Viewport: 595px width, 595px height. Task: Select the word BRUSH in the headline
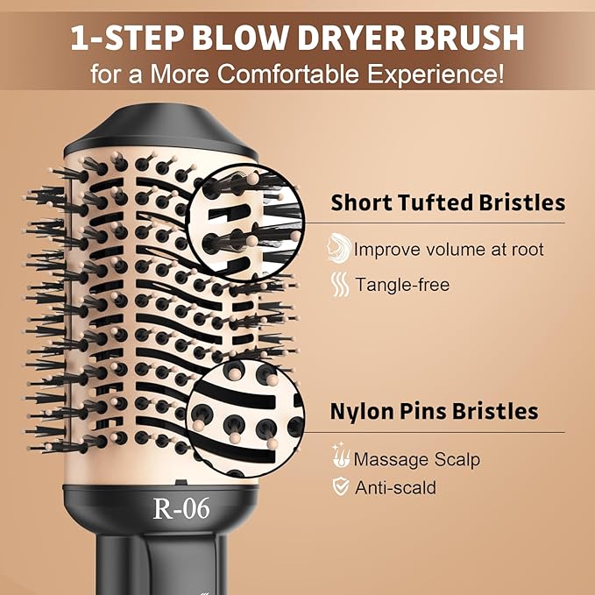tap(469, 38)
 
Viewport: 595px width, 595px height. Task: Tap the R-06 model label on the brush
tap(181, 509)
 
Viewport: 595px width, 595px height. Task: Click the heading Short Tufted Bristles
tap(448, 203)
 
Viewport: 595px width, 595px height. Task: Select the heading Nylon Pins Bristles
tap(434, 411)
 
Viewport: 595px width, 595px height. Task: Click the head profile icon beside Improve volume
tap(338, 249)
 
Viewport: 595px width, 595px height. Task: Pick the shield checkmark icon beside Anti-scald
tap(340, 487)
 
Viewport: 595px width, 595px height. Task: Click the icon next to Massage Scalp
tap(340, 458)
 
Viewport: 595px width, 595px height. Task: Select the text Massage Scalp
tap(417, 459)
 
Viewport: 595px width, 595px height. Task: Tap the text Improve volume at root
tap(449, 250)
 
